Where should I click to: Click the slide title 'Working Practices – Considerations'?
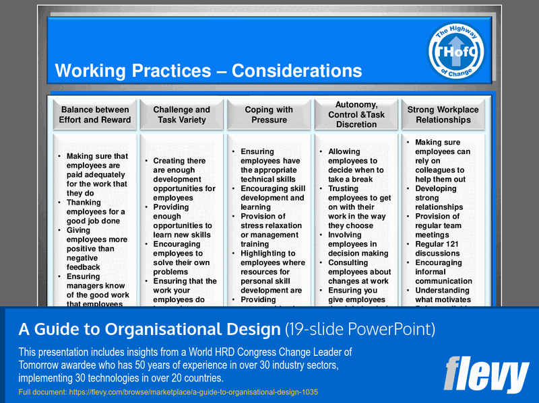coord(208,71)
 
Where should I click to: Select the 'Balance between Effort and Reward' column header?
coord(94,115)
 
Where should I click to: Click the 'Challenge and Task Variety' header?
coord(181,115)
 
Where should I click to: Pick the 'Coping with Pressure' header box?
coord(269,115)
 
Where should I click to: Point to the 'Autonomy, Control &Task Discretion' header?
coord(356,114)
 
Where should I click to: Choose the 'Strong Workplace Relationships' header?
coord(443,115)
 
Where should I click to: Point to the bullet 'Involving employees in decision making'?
coord(357,244)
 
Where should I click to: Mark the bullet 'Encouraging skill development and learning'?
coord(272,198)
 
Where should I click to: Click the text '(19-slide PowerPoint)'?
coord(360,330)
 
